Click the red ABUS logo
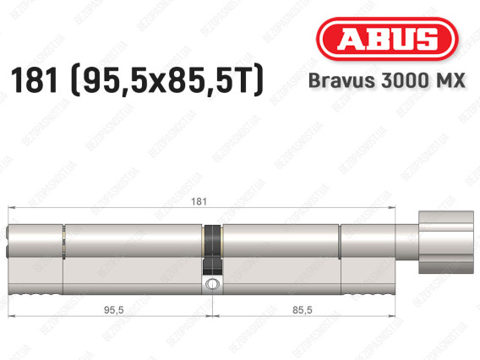pos(387,39)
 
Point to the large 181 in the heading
pos(34,80)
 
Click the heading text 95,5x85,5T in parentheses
pos(167,80)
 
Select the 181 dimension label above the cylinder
pos(199,201)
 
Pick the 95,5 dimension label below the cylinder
pos(114,310)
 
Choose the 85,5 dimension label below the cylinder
pos(303,310)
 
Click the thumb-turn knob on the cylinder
pos(446,242)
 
